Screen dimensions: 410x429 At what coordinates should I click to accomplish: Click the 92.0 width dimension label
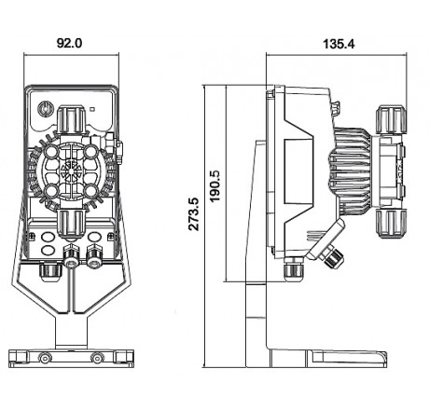[x=70, y=41]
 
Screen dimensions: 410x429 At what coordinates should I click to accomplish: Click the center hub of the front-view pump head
[x=70, y=171]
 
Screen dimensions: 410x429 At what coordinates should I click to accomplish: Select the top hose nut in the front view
[x=71, y=119]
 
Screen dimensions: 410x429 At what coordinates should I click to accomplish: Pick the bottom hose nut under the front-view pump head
[x=71, y=223]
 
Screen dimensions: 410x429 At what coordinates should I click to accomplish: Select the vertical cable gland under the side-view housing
[x=296, y=271]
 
